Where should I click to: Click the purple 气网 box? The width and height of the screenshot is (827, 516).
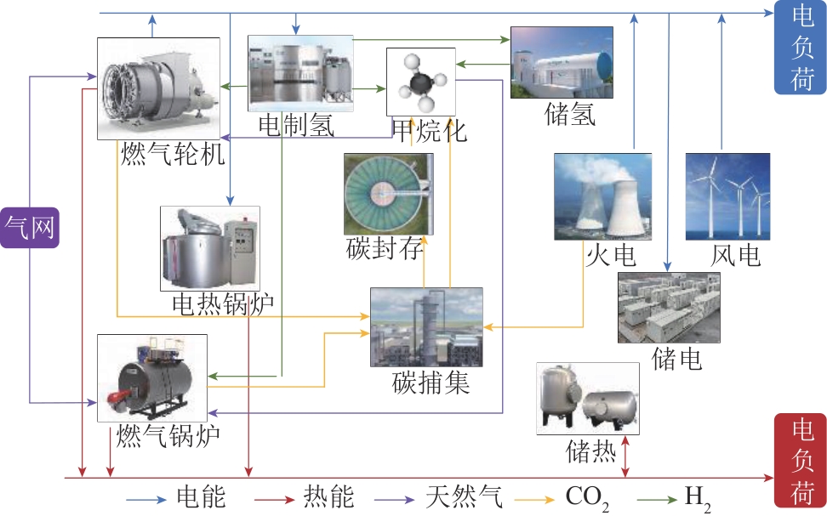pyautogui.click(x=31, y=226)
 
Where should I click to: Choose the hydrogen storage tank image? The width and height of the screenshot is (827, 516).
pyautogui.click(x=562, y=65)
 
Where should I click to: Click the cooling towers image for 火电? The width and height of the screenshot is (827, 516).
pyautogui.click(x=602, y=196)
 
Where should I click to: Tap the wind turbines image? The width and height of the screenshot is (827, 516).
pyautogui.click(x=727, y=196)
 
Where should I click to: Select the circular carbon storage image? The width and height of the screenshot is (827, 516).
pyautogui.click(x=389, y=194)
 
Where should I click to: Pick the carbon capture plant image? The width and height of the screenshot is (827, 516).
pyautogui.click(x=426, y=326)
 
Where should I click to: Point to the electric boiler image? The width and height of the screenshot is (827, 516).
pyautogui.click(x=210, y=249)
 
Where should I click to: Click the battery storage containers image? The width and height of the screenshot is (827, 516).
pyautogui.click(x=669, y=307)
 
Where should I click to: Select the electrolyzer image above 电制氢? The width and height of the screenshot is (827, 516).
pyautogui.click(x=300, y=73)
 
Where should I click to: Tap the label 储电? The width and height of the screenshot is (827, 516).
pyautogui.click(x=676, y=359)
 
